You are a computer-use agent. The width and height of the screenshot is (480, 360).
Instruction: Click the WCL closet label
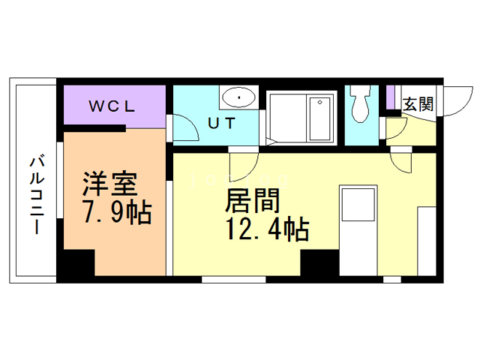tap(112, 106)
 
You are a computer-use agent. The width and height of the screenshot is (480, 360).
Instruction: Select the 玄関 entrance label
tap(418, 104)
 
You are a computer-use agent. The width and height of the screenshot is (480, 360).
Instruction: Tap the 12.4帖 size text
tap(267, 229)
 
